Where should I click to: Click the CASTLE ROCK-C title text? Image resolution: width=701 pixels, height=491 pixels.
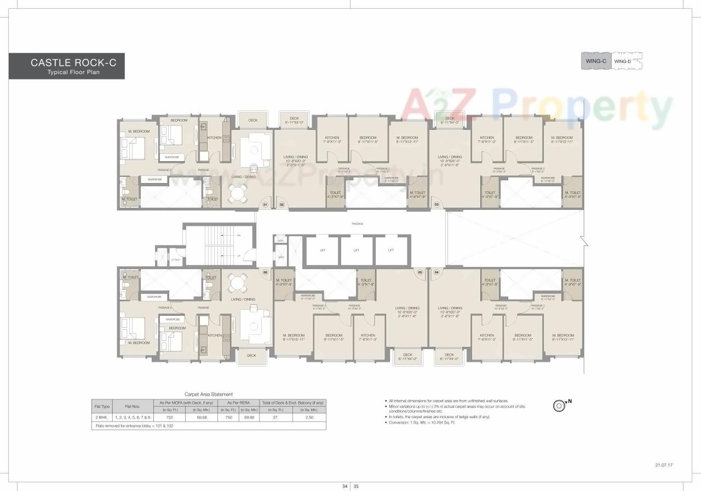[73, 63]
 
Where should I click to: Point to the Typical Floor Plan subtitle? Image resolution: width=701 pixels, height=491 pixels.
[73, 72]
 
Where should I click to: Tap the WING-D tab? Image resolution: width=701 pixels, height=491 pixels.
[623, 61]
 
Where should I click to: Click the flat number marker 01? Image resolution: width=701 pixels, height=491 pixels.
[265, 204]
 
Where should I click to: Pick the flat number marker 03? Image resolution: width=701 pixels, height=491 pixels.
[436, 204]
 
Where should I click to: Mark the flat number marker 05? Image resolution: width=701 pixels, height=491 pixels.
[420, 272]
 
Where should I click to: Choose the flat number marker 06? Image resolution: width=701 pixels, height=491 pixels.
[265, 272]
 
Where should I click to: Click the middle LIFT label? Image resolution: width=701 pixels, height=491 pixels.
[356, 250]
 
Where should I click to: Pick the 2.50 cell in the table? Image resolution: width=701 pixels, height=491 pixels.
[309, 418]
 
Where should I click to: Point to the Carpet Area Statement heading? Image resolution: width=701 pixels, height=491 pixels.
[209, 394]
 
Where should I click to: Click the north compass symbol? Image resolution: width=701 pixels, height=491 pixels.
[560, 406]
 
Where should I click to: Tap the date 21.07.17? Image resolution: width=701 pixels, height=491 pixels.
[663, 465]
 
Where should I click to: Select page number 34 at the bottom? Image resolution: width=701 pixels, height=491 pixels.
[344, 486]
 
